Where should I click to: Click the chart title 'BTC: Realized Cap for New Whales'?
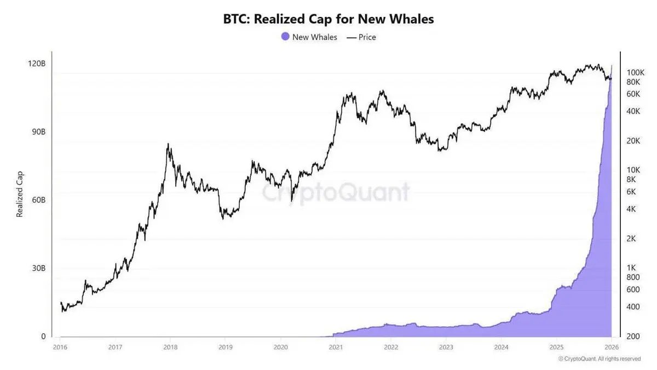(x=328, y=19)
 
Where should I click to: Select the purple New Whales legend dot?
(x=285, y=37)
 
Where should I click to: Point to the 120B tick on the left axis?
(x=37, y=64)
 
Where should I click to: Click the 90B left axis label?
(x=37, y=132)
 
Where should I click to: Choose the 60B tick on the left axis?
(x=37, y=200)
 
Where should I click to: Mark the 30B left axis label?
(x=37, y=269)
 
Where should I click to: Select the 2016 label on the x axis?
(x=60, y=347)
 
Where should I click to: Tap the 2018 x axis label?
(x=170, y=347)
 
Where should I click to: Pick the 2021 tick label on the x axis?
(x=336, y=347)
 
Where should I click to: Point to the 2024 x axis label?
(x=501, y=347)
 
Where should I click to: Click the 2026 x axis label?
(x=611, y=347)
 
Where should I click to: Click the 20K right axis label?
(x=633, y=141)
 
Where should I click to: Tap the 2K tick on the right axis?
(x=631, y=238)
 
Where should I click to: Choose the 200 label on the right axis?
(x=632, y=336)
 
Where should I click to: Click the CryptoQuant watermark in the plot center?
(x=335, y=193)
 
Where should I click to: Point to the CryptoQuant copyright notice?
(x=599, y=359)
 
